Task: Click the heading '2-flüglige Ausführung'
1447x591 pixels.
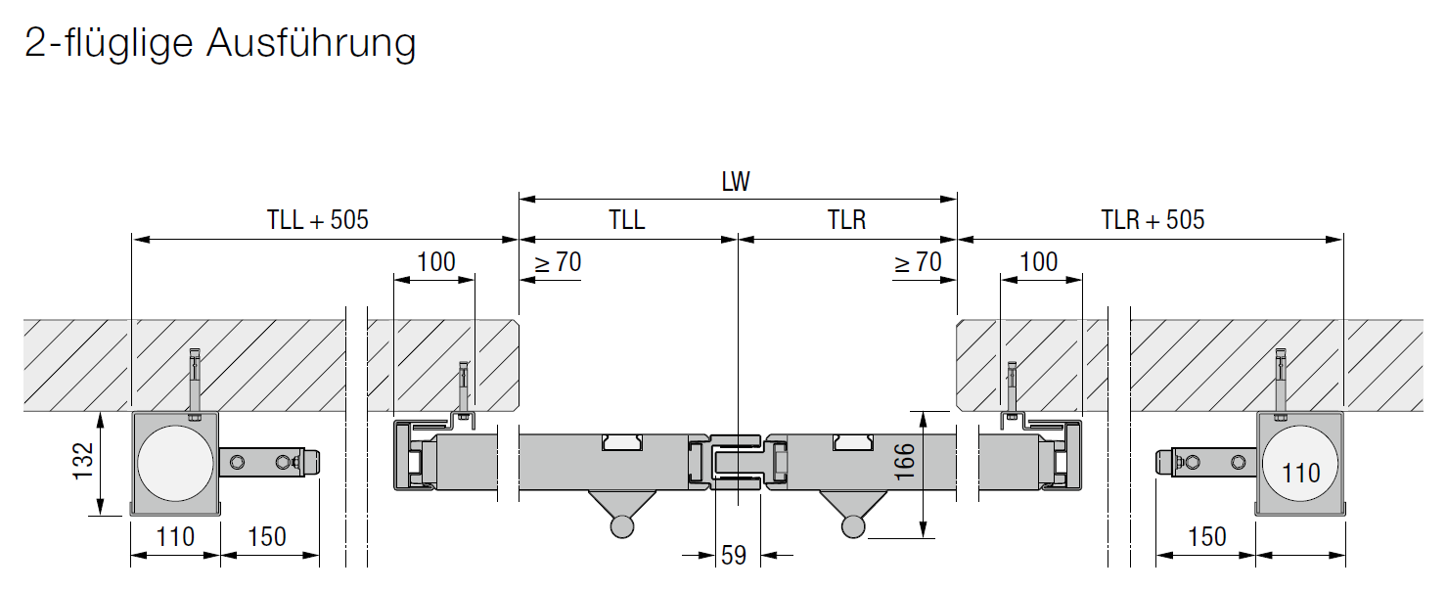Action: pyautogui.click(x=219, y=44)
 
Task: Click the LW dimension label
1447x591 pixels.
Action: pyautogui.click(x=736, y=182)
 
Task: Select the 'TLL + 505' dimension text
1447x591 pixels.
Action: pyautogui.click(x=317, y=220)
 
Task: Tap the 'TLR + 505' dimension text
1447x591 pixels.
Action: pyautogui.click(x=1153, y=220)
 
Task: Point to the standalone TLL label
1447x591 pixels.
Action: pyautogui.click(x=626, y=220)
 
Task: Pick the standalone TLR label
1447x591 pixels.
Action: pyautogui.click(x=846, y=220)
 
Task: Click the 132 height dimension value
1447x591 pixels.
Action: pyautogui.click(x=83, y=461)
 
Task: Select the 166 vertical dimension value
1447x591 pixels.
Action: pyautogui.click(x=905, y=462)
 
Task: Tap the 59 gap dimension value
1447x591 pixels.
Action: pyautogui.click(x=733, y=556)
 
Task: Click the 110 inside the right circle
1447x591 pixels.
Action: pyautogui.click(x=1300, y=474)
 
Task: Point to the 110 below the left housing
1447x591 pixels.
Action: pyautogui.click(x=175, y=537)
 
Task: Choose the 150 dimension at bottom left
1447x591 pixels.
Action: pyautogui.click(x=267, y=537)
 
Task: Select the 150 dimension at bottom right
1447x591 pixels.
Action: pyautogui.click(x=1206, y=537)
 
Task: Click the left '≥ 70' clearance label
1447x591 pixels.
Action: pyautogui.click(x=558, y=262)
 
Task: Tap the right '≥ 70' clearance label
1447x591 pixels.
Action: pyautogui.click(x=918, y=262)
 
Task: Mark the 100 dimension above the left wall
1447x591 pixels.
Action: pyautogui.click(x=435, y=262)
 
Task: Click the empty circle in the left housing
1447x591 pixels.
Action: pyautogui.click(x=175, y=463)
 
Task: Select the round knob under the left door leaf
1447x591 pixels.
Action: pyautogui.click(x=622, y=525)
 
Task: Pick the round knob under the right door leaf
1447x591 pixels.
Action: pyautogui.click(x=853, y=525)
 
